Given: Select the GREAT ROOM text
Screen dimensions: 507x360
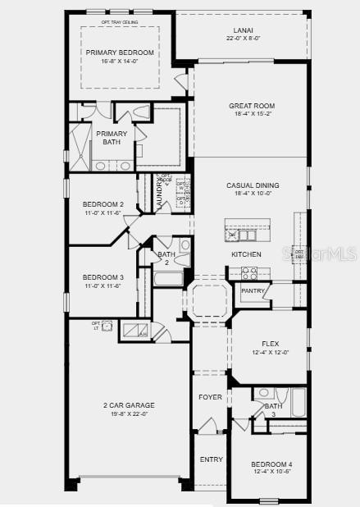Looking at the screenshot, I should click(252, 106).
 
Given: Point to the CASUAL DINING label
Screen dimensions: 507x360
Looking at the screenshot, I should click(253, 185).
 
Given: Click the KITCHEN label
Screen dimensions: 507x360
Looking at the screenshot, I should click(246, 254).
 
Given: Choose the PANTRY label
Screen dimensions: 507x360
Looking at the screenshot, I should click(253, 290).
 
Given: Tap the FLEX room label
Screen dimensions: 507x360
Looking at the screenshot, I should click(270, 344).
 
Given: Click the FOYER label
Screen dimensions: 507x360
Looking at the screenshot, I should click(211, 397).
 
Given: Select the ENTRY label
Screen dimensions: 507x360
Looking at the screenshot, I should click(211, 459).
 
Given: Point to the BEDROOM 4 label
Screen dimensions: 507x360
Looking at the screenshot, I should click(271, 464).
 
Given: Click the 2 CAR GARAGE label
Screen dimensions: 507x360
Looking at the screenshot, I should click(128, 405).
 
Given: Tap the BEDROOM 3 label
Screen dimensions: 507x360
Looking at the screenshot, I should click(103, 277).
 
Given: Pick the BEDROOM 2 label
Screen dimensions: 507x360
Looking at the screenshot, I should click(103, 204).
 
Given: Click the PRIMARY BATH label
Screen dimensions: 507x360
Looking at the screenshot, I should click(112, 138).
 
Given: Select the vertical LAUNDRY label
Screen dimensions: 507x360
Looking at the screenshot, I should click(160, 194).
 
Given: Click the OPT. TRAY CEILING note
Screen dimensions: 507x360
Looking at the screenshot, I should click(118, 22).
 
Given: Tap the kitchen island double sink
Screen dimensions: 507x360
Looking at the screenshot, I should click(241, 235).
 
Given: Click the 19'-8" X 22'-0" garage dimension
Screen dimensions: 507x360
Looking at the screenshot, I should click(128, 414).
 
